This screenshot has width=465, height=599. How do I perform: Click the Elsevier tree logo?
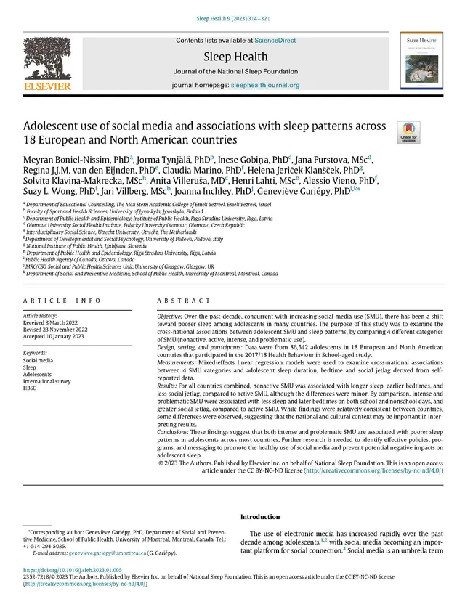tap(47, 60)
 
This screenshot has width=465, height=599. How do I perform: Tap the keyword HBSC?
tap(30, 388)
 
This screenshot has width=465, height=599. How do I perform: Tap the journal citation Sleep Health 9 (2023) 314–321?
tap(232, 6)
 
